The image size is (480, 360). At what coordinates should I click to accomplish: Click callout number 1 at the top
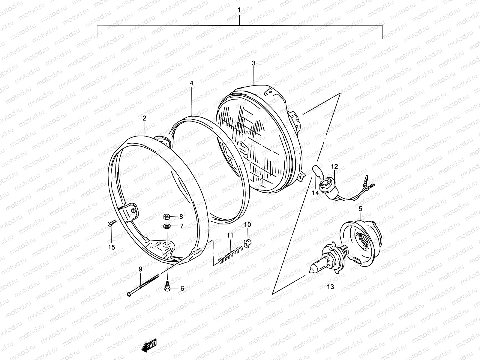pos(239,10)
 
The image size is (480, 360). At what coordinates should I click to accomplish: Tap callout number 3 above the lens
pos(253,63)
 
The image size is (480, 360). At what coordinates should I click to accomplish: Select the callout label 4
pos(192,83)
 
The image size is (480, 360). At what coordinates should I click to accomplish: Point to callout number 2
pos(144,118)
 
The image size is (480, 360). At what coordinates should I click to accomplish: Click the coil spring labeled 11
pos(229,253)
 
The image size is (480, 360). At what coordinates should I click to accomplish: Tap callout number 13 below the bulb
pos(330,287)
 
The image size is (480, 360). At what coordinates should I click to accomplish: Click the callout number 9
pos(140,269)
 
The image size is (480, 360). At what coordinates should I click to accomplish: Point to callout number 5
pos(360,208)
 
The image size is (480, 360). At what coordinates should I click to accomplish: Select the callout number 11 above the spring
pos(230,235)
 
